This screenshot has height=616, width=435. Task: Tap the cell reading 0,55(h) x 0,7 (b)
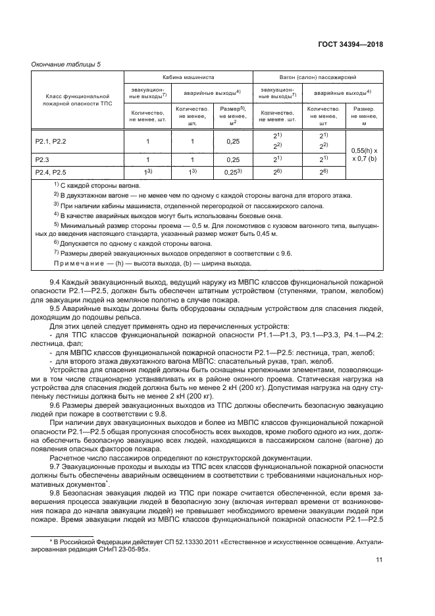click(x=364, y=155)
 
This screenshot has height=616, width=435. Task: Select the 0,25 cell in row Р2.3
click(x=233, y=160)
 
